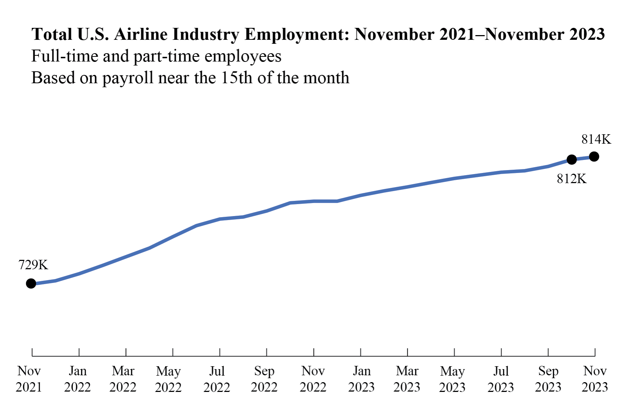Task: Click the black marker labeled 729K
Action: [31, 283]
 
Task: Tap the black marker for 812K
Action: [571, 159]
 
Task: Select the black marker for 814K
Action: [594, 157]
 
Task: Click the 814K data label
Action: [596, 139]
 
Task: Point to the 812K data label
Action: [571, 179]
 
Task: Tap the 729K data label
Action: [33, 265]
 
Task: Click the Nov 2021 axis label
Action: [29, 379]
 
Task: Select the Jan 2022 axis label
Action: [77, 379]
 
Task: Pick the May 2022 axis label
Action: [168, 379]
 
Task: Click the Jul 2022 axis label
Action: [217, 379]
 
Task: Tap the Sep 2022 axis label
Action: [264, 379]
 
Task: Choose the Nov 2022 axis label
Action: [313, 379]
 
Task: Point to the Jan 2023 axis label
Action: [361, 379]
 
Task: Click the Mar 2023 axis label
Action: [407, 379]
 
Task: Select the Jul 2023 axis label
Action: [501, 379]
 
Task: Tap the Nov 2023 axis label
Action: [595, 379]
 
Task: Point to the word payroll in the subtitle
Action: [128, 78]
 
